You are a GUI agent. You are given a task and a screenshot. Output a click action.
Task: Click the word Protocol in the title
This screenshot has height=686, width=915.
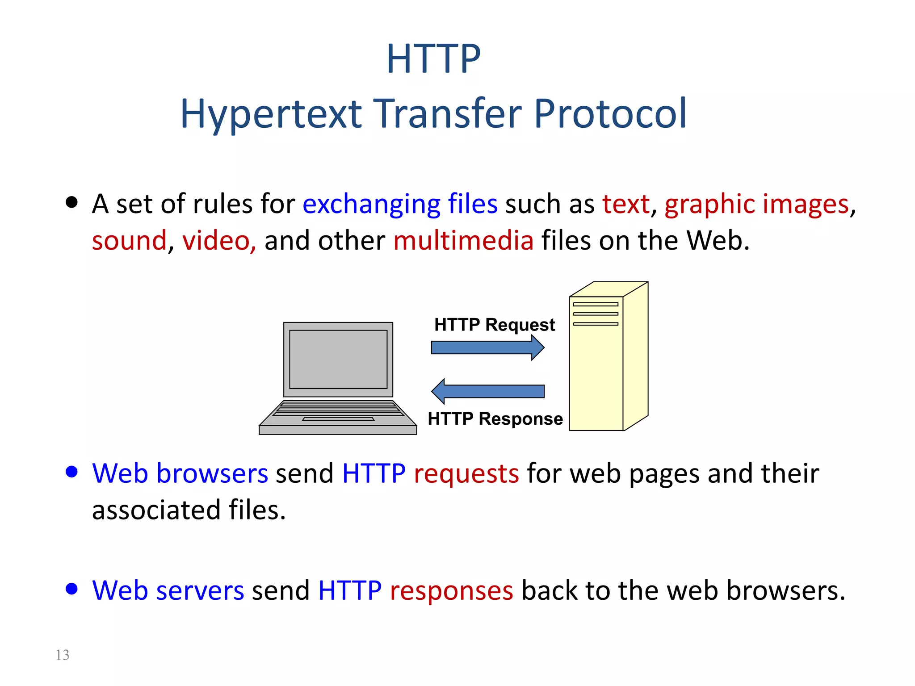[x=610, y=114]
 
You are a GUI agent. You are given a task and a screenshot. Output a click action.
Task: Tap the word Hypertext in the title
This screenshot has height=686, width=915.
[x=271, y=115]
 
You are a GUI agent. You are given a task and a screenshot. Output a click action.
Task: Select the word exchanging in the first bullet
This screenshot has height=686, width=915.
[x=371, y=205]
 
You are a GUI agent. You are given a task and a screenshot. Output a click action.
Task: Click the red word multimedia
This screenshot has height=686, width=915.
[x=463, y=241]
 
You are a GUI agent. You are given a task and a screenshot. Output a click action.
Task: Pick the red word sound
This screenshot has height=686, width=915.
[x=129, y=241]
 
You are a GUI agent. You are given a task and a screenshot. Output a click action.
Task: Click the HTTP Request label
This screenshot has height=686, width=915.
[x=494, y=325]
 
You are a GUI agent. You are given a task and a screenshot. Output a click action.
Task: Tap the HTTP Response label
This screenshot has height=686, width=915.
[x=495, y=419]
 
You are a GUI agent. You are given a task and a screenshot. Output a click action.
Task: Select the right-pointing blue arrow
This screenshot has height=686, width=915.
[x=487, y=347]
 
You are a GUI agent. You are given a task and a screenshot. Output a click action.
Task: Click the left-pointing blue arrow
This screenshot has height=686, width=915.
[x=487, y=391]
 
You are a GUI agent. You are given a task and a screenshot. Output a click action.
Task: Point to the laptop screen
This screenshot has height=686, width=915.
[x=338, y=360]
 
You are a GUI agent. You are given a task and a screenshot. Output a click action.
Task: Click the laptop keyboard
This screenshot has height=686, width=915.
[x=338, y=409]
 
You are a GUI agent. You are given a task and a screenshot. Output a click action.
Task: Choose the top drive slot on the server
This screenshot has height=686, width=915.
[x=596, y=304]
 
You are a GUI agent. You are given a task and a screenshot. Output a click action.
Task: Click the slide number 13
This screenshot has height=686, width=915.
[x=63, y=655]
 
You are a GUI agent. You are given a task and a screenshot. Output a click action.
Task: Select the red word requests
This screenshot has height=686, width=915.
[x=466, y=474]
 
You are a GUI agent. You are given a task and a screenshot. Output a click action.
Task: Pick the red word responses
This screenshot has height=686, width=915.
[x=451, y=591]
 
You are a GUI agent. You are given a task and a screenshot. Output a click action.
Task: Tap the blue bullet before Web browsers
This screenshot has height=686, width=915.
[x=71, y=472]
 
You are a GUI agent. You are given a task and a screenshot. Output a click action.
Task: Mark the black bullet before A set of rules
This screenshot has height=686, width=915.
[x=71, y=202]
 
